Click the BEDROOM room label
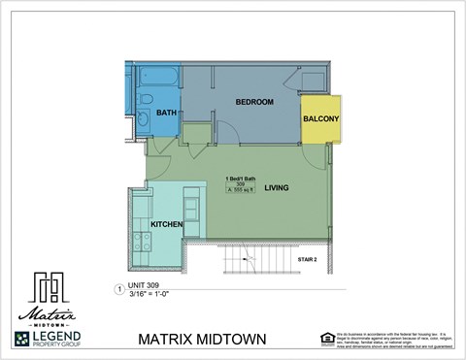pyautogui.click(x=254, y=102)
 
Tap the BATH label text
pyautogui.click(x=166, y=114)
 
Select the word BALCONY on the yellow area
pyautogui.click(x=320, y=119)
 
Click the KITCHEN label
pyautogui.click(x=167, y=225)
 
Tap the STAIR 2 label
pyautogui.click(x=308, y=259)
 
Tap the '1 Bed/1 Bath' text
pyautogui.click(x=240, y=179)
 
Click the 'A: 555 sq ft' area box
pyautogui.click(x=239, y=192)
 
